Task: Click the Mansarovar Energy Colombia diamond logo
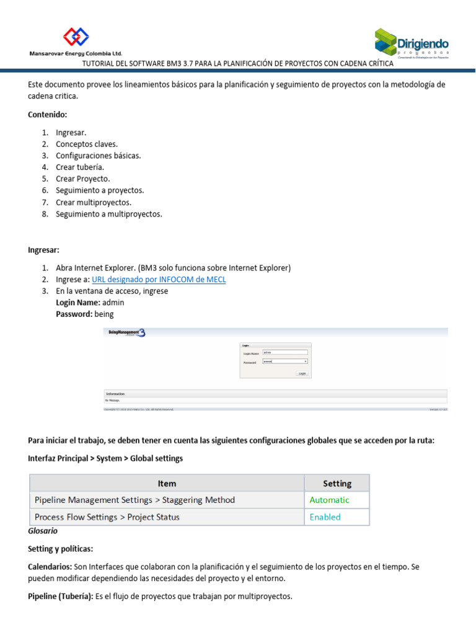tap(76, 37)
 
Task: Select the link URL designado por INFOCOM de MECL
tap(159, 280)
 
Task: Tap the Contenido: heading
tap(48, 115)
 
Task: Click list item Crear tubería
tap(80, 167)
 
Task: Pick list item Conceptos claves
tap(87, 144)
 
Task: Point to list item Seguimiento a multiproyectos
tap(109, 215)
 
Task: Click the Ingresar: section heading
tap(44, 250)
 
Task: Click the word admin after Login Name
tap(113, 303)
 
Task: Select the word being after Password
tap(104, 314)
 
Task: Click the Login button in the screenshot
tap(302, 373)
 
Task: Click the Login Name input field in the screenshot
tap(285, 352)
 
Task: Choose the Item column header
tap(167, 484)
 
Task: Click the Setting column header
tap(337, 484)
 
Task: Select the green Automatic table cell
tap(329, 500)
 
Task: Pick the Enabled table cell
tap(325, 517)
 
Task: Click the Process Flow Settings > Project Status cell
tap(107, 517)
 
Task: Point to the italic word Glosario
tap(43, 531)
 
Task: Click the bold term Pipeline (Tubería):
tap(60, 597)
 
